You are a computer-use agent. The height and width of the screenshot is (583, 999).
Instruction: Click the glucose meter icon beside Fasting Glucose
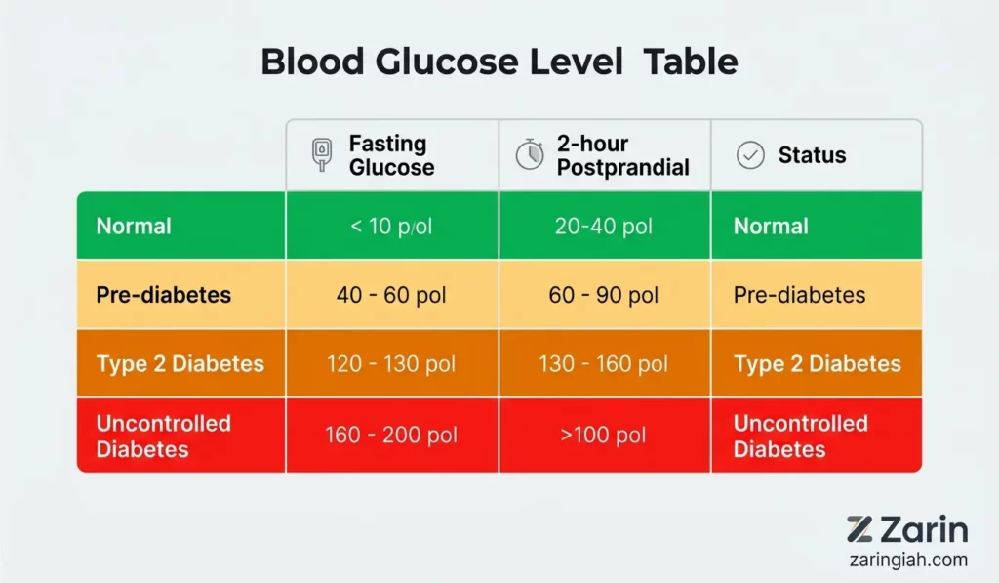(x=322, y=155)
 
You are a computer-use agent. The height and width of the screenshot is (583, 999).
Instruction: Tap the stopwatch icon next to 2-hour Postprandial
(x=530, y=154)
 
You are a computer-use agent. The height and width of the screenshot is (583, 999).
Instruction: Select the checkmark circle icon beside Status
(x=750, y=155)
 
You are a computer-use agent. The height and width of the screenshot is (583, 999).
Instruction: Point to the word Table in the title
(x=691, y=62)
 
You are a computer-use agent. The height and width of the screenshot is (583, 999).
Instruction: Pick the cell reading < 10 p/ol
(x=391, y=226)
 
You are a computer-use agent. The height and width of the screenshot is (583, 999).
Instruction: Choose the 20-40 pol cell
(x=603, y=226)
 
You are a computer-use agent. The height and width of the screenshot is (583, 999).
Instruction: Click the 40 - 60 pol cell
(x=391, y=295)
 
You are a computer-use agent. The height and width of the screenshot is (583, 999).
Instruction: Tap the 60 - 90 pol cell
(x=603, y=295)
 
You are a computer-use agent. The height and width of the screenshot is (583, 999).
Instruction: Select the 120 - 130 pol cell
(x=391, y=363)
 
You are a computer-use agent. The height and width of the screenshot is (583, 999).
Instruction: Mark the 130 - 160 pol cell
(x=603, y=363)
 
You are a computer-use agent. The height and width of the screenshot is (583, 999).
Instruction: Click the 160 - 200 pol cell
(x=391, y=435)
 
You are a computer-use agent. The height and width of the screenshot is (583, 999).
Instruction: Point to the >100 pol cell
(x=603, y=435)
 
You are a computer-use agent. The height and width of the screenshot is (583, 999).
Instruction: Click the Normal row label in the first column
(x=134, y=226)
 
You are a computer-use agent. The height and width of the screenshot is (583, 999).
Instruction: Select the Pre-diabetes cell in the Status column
(x=800, y=295)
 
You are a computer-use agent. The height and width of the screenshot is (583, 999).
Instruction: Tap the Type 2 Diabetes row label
(x=180, y=363)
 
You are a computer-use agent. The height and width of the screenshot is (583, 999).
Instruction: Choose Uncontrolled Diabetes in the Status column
(x=801, y=437)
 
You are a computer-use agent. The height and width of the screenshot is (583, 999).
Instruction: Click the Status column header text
(x=813, y=155)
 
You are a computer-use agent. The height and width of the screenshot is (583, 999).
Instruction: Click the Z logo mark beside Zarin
(x=859, y=529)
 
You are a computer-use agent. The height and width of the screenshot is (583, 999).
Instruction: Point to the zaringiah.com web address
(x=908, y=560)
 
